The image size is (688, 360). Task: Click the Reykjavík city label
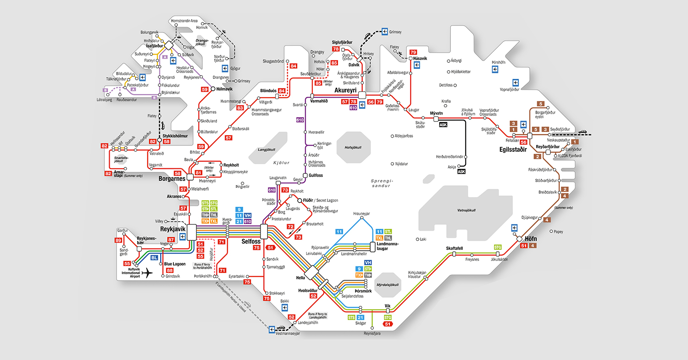click(172, 228)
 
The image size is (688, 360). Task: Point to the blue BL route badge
click(155, 258)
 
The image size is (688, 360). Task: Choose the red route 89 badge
click(118, 240)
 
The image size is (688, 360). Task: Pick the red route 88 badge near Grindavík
click(170, 271)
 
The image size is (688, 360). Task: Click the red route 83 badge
click(240, 108)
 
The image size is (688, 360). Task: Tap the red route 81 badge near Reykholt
click(198, 172)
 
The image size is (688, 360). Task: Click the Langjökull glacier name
click(266, 150)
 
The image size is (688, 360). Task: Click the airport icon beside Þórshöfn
click(494, 69)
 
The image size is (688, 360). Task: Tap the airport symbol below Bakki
click(284, 307)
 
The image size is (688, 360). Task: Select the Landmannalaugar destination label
click(388, 246)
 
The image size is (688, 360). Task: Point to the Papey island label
click(558, 232)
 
